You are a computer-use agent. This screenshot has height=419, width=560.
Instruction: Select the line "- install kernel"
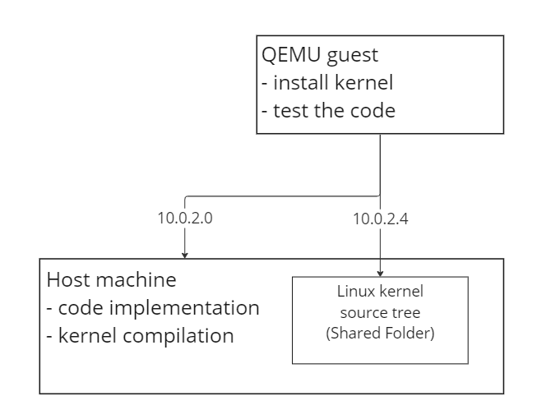(x=326, y=83)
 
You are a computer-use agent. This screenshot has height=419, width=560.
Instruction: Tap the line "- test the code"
(x=327, y=110)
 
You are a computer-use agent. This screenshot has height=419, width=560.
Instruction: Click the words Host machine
(x=111, y=280)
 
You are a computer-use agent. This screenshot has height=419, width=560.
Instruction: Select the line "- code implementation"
(x=153, y=308)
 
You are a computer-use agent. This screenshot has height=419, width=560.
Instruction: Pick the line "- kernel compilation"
(x=140, y=336)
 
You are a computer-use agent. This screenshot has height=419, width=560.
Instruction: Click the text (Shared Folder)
(x=380, y=335)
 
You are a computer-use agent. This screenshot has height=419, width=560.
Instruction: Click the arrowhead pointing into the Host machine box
(x=186, y=255)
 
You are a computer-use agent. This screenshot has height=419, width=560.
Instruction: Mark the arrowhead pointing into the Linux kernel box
(x=380, y=273)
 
